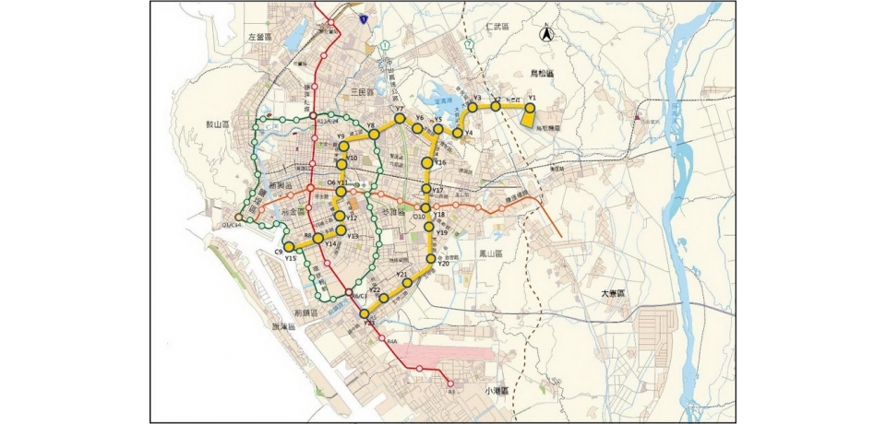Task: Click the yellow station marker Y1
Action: [x=530, y=106]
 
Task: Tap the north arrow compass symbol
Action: [x=545, y=34]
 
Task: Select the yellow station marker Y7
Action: [x=400, y=119]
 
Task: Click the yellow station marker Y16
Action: [x=426, y=163]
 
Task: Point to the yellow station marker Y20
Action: [x=429, y=259]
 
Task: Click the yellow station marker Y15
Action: [x=289, y=247]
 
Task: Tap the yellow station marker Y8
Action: [x=374, y=135]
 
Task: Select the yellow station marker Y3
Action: [x=473, y=107]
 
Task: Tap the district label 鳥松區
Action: [x=541, y=72]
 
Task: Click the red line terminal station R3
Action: [x=450, y=384]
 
